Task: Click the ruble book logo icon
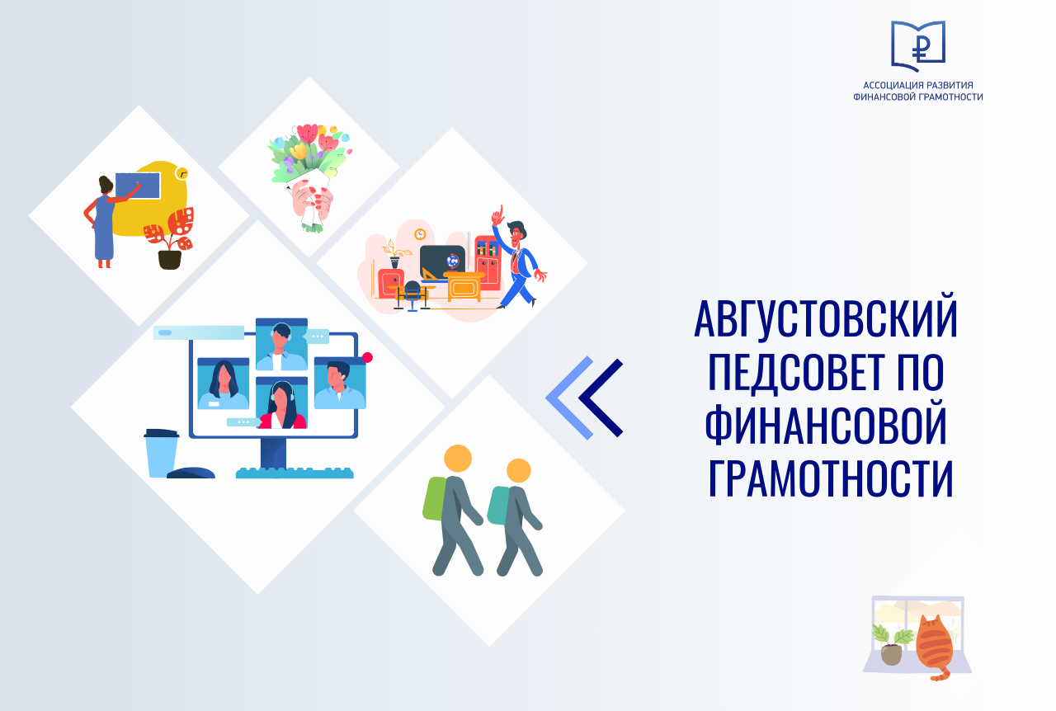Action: (x=917, y=45)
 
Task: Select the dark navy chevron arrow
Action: (x=600, y=398)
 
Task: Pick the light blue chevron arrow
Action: (x=569, y=398)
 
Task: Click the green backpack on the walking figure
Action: (x=435, y=498)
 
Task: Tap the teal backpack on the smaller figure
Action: (x=497, y=506)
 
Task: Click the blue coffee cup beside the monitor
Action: (x=161, y=453)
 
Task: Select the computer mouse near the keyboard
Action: (x=191, y=473)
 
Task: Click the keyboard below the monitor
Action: (x=295, y=473)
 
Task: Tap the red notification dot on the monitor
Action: (x=367, y=357)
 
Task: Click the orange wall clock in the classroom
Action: (x=420, y=234)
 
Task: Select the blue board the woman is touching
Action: (x=138, y=186)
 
